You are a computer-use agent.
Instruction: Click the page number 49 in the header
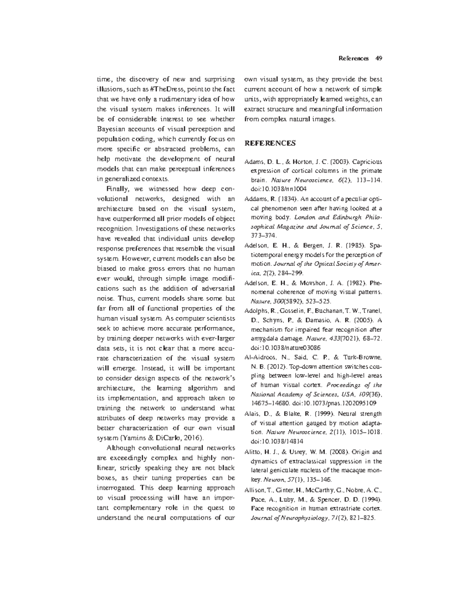379,59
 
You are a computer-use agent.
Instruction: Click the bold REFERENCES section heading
270,144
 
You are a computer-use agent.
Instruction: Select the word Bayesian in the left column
111,129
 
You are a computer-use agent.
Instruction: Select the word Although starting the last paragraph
120,448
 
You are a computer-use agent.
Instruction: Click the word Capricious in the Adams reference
367,162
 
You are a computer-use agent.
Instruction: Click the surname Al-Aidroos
260,358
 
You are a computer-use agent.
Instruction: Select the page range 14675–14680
269,403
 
